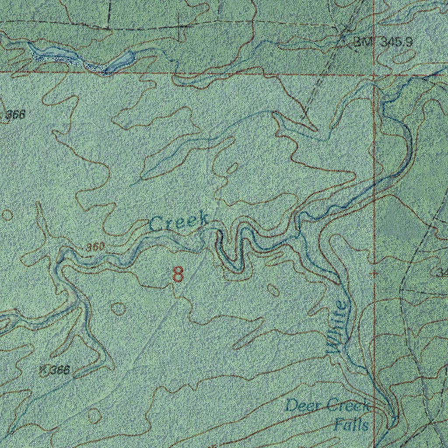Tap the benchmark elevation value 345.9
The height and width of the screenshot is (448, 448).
396,42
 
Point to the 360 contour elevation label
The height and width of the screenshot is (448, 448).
94,247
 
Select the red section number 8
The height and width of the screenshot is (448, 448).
178,274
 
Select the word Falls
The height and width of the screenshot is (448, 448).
351,424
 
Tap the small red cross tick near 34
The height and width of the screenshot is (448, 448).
374,273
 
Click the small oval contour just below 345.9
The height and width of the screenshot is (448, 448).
406,56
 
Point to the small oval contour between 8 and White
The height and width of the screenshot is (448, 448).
273,290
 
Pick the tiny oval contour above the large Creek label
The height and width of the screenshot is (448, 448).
232,168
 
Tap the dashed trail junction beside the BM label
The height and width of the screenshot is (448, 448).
344,35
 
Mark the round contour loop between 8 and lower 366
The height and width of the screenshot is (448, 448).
118,308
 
